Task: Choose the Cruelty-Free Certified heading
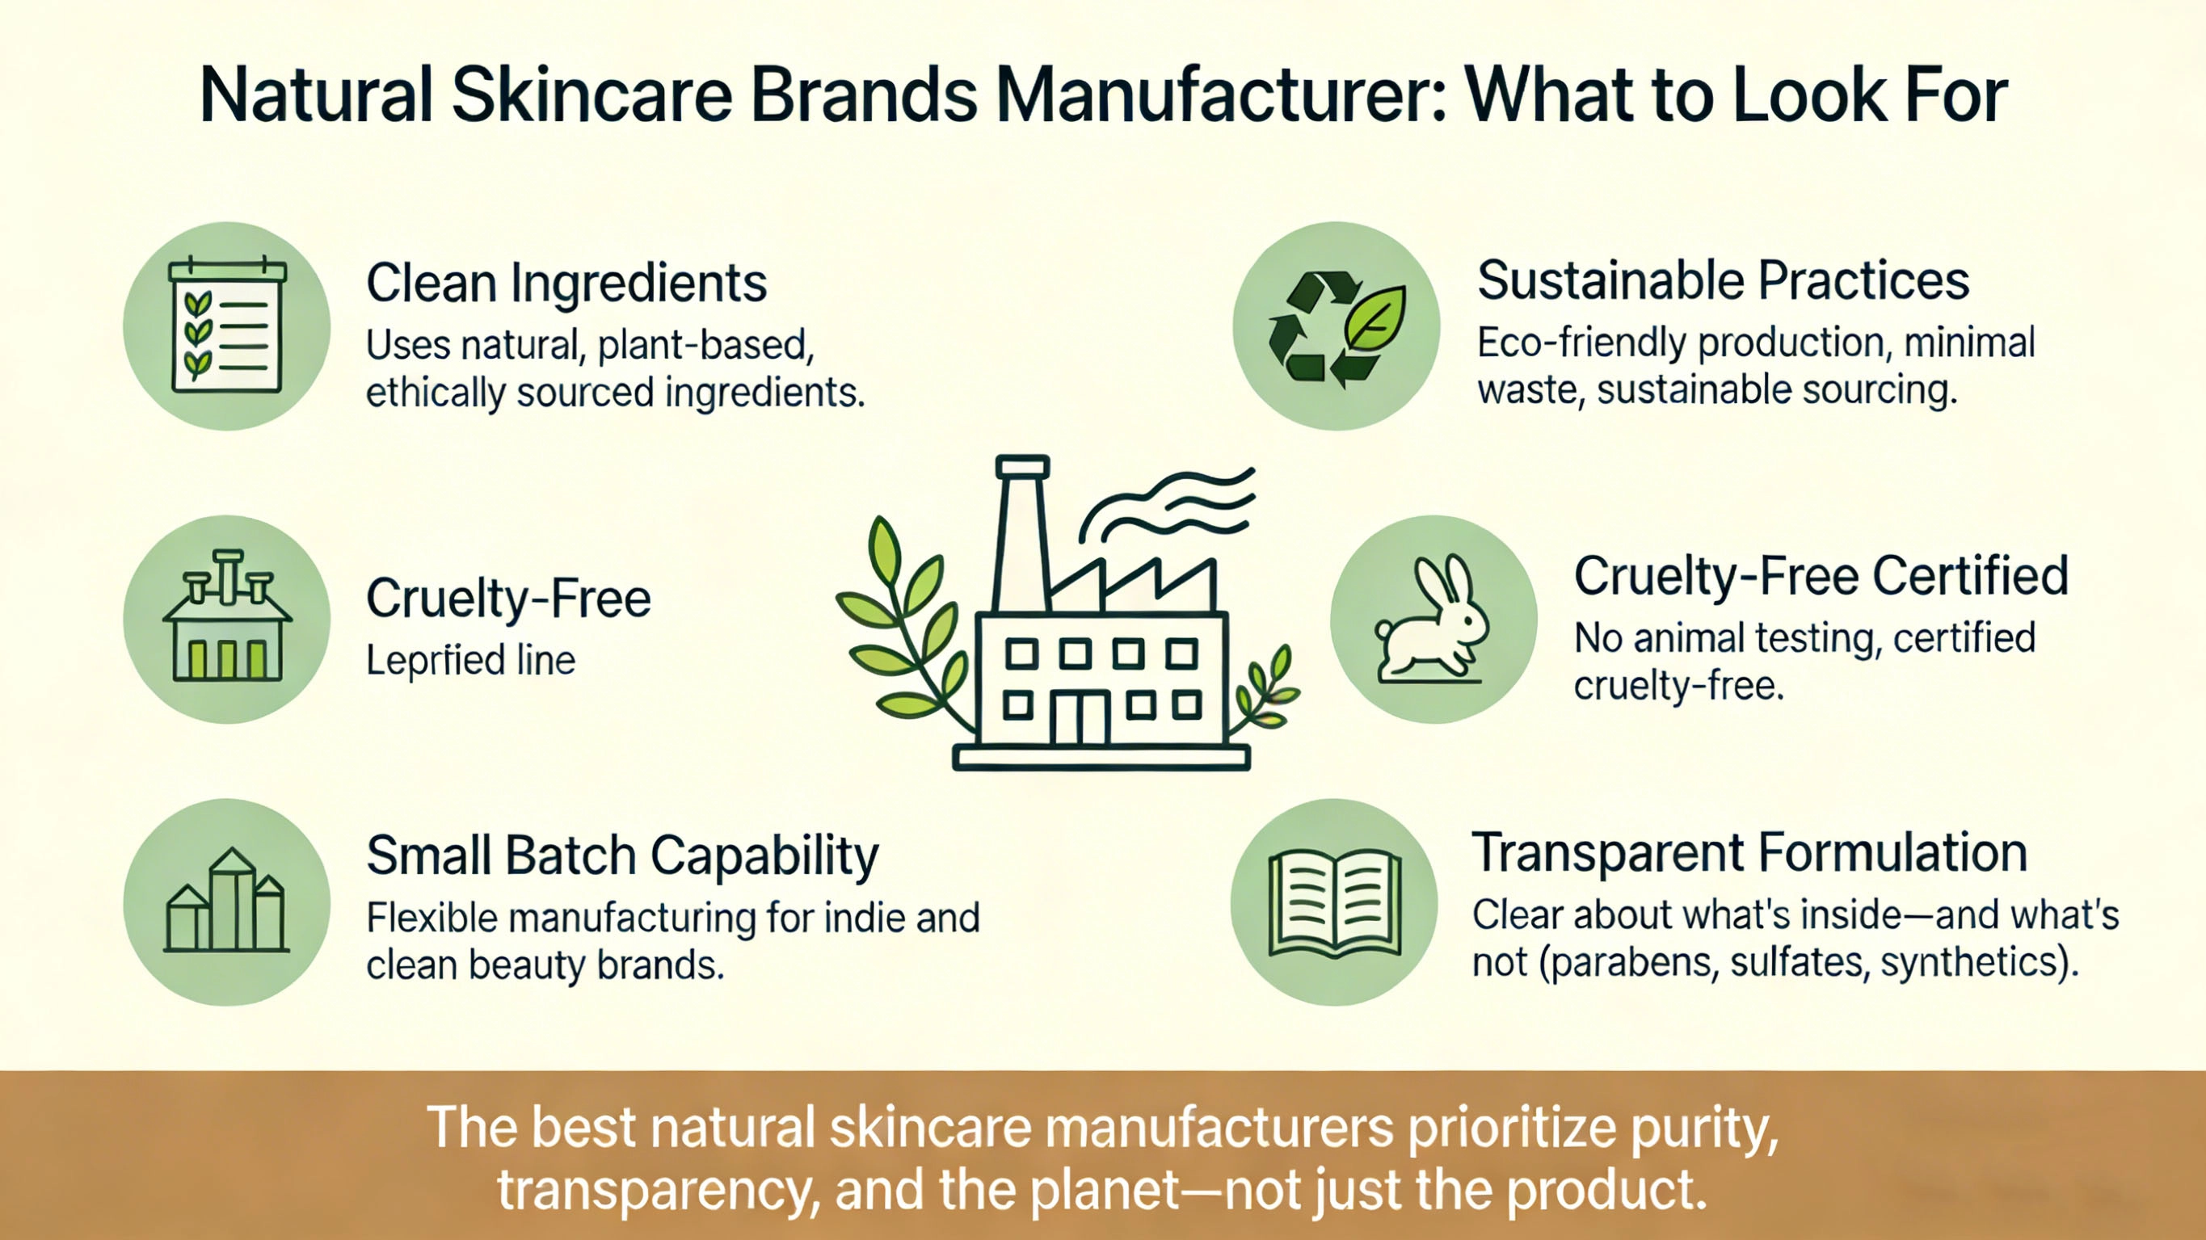pyautogui.click(x=1821, y=575)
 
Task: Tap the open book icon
pyautogui.click(x=1334, y=902)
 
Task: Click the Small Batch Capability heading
pyautogui.click(x=622, y=855)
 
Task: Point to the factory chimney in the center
pyautogui.click(x=1022, y=531)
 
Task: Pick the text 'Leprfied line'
pyautogui.click(x=470, y=660)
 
